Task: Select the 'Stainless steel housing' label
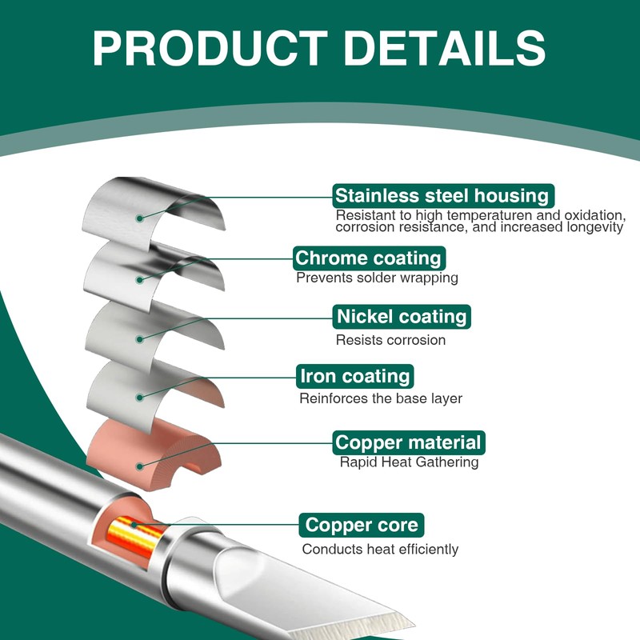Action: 442,195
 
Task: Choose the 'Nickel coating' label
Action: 402,317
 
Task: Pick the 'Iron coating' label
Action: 354,376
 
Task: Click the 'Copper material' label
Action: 408,442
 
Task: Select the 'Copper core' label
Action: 362,526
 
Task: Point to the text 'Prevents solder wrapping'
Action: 377,278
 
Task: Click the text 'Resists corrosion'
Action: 390,340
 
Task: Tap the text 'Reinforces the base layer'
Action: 380,398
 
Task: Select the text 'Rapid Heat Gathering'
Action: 409,462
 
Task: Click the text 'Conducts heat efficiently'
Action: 380,550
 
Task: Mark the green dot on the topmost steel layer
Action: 139,217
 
